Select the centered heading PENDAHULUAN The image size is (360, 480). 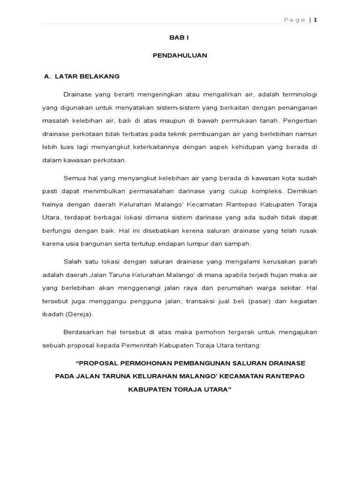pos(180,55)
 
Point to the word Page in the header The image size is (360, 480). pos(295,20)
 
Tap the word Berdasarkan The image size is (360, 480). pos(81,332)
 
